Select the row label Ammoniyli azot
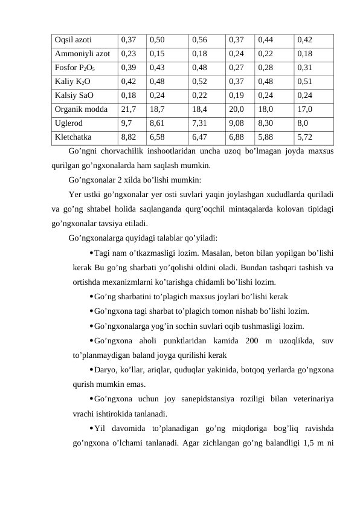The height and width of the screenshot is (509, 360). point(82,54)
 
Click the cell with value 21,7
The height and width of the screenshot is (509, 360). point(128,109)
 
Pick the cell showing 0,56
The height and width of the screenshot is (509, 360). point(199,40)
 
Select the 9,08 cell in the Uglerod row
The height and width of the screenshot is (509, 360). point(237,123)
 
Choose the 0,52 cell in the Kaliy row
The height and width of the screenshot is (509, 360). point(199,82)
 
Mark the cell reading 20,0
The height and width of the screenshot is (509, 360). point(237,109)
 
